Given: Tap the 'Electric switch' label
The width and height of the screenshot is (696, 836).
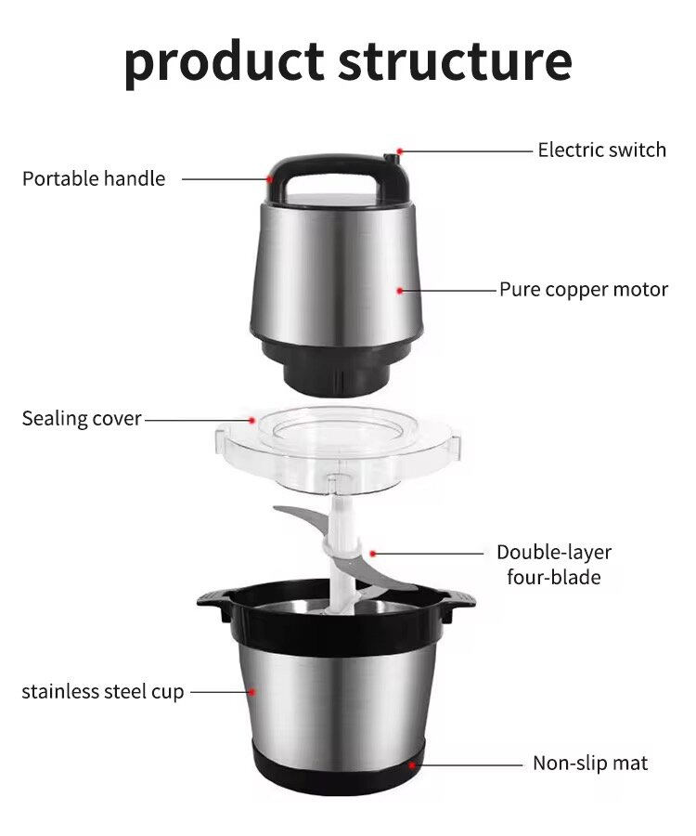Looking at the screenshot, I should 601,150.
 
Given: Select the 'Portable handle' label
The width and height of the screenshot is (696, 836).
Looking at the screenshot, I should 94,178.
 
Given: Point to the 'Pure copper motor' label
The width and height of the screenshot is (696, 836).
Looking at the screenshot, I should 584,289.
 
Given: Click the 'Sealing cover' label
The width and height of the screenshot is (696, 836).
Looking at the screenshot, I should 82,419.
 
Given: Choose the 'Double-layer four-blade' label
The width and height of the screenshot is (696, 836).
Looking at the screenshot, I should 554,565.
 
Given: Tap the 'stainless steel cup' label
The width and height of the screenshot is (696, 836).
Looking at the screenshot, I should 103,691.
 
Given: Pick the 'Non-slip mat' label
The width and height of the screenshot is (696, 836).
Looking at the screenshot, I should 590,764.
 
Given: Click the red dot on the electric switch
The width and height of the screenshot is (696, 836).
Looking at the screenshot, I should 400,150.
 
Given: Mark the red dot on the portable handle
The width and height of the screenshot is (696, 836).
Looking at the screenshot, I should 269,178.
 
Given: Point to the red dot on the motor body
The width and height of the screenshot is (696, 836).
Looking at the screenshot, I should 400,290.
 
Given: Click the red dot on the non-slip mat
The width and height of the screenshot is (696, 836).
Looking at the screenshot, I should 413,764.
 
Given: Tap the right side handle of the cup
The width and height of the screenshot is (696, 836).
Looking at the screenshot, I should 457,606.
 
